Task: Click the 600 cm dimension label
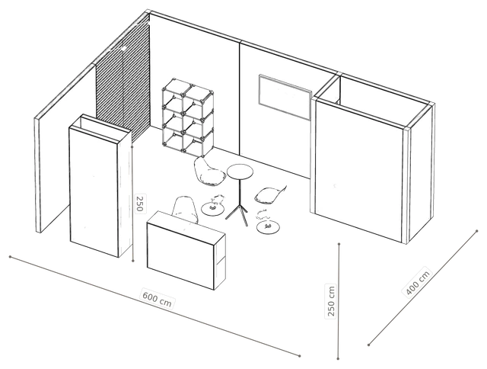(158, 298)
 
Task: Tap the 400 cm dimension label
(419, 282)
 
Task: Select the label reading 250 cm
(331, 301)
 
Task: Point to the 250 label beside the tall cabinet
(139, 204)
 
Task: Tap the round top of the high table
(240, 172)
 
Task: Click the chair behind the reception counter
(186, 209)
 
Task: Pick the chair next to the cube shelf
(208, 172)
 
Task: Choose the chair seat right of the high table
(269, 194)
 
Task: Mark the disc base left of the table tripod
(213, 208)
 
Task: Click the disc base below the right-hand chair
(269, 227)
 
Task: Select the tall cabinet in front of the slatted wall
(100, 186)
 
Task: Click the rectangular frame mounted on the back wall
(285, 97)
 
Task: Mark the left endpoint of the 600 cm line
(10, 257)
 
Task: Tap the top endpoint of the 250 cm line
(339, 244)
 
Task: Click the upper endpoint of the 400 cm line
(477, 231)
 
